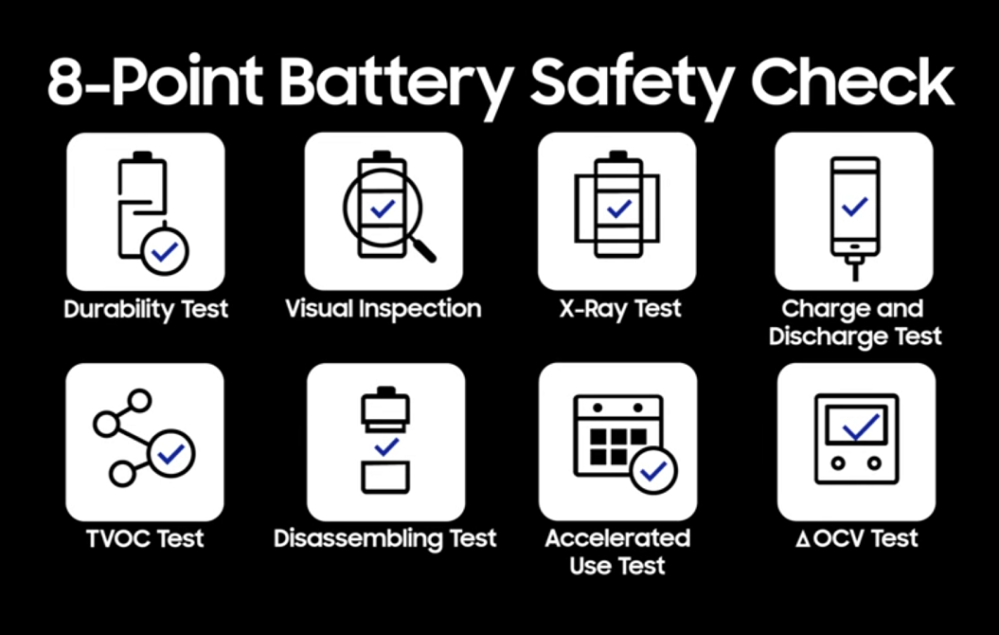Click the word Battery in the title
[x=396, y=82]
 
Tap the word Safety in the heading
[x=631, y=82]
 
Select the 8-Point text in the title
[x=155, y=82]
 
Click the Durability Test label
[x=146, y=309]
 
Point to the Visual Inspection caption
[x=383, y=309]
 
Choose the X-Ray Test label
[x=620, y=309]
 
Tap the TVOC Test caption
[x=145, y=538]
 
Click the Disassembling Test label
[x=384, y=538]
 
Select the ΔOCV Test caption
[x=857, y=538]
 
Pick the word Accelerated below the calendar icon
[x=617, y=538]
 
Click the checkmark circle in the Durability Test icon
[x=165, y=252]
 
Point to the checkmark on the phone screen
[x=855, y=207]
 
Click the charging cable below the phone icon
[x=855, y=267]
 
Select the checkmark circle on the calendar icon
[x=653, y=471]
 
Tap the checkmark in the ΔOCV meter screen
[x=861, y=427]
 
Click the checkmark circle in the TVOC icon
[x=170, y=454]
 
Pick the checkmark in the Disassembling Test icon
[x=386, y=447]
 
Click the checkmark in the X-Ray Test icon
[x=618, y=209]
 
